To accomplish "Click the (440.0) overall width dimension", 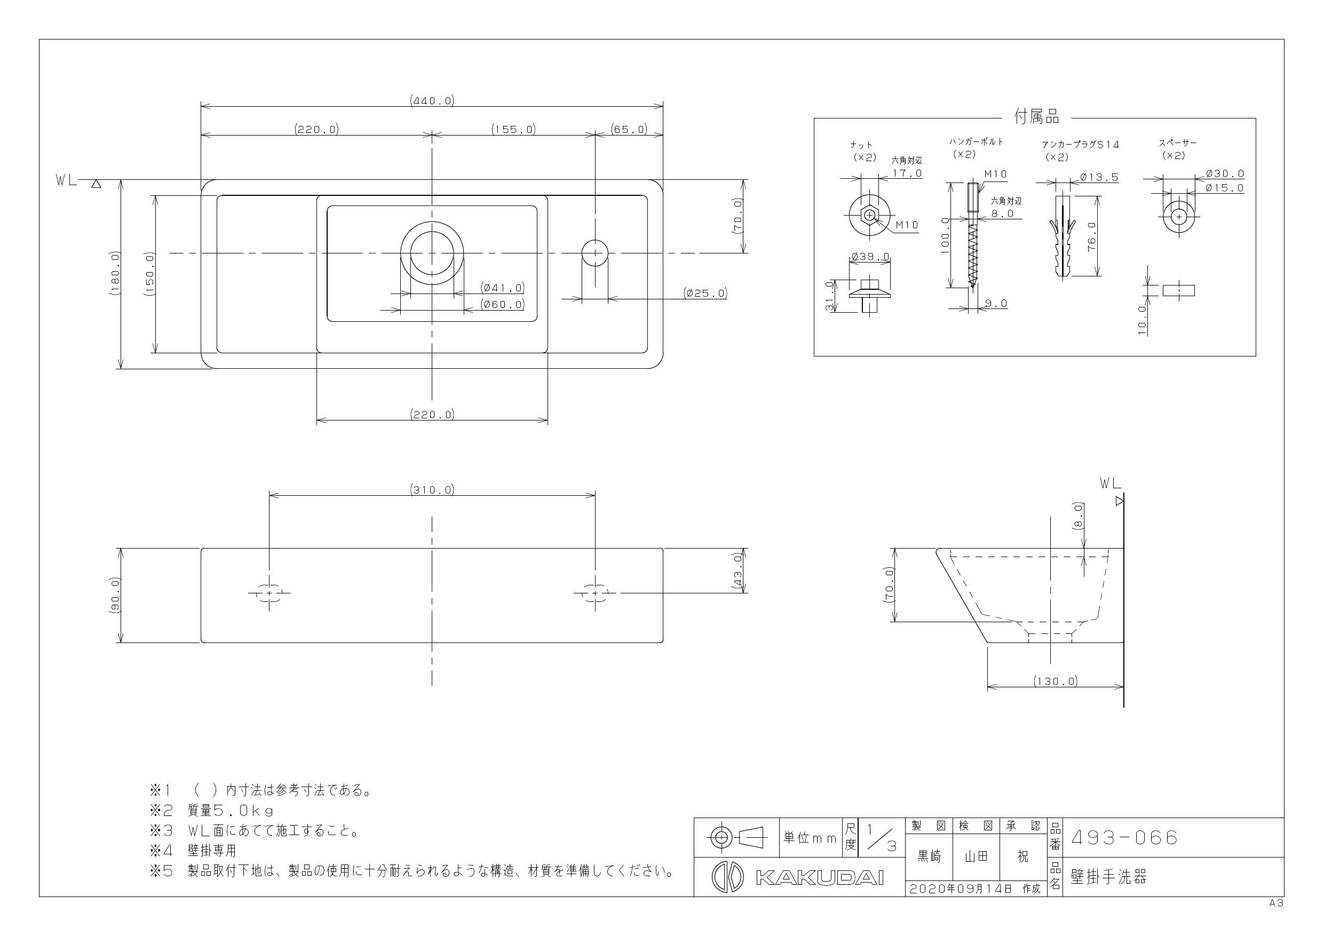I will click(432, 100).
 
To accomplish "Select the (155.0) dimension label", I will click(513, 129).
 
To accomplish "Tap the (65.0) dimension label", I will click(629, 129).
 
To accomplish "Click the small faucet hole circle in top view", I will click(594, 253).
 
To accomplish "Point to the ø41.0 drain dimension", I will click(503, 287).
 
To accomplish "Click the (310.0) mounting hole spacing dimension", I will click(432, 490).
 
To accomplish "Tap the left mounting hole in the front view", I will click(269, 592).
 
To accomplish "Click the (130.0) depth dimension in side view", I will click(1055, 680).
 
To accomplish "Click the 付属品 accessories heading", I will click(1036, 117).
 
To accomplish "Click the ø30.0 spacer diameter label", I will click(1225, 173).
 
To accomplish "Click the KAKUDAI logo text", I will click(819, 877).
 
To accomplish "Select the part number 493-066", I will click(1124, 837).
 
